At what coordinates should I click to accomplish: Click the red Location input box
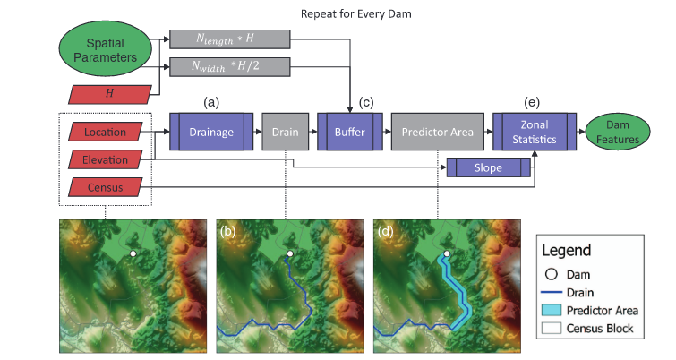click(x=106, y=132)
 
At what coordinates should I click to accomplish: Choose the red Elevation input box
click(x=106, y=159)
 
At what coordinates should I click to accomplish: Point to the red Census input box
click(x=106, y=187)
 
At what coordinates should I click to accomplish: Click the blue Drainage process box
click(x=211, y=132)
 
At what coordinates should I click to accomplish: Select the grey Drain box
click(x=286, y=132)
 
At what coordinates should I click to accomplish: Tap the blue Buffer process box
click(x=349, y=132)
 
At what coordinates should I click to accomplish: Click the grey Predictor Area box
click(x=438, y=132)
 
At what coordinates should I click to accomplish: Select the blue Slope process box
click(x=489, y=167)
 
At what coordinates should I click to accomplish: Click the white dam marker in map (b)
click(x=290, y=253)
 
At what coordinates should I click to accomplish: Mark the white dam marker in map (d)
click(x=447, y=253)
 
